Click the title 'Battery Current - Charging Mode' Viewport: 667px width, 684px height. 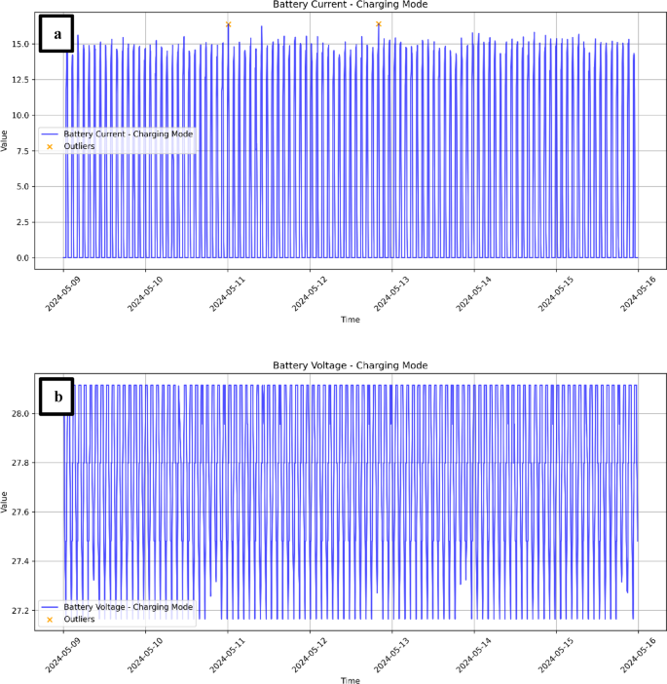coord(351,5)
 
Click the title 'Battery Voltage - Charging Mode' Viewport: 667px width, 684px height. coord(351,365)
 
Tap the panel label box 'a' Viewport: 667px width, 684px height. coord(58,36)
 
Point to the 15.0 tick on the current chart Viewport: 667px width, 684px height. coord(22,44)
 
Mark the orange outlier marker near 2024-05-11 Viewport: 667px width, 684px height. coord(228,24)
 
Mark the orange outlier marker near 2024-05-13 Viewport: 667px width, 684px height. coord(378,24)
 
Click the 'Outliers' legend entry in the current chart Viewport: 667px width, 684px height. coord(79,146)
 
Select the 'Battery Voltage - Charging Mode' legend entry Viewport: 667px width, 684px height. coord(128,606)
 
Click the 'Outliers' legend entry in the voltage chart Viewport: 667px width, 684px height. coord(79,619)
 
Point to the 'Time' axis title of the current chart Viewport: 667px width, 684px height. coord(351,320)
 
